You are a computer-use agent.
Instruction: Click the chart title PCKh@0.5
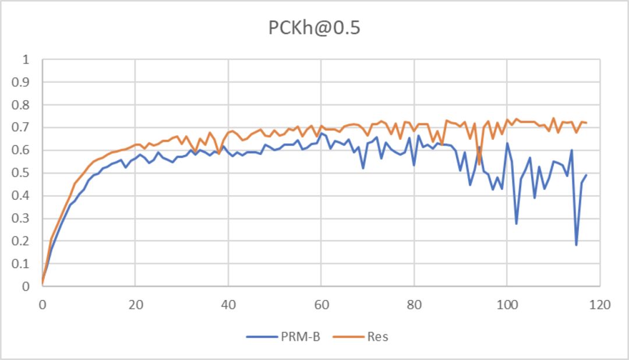coord(314,29)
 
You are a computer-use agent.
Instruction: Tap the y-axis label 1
coord(25,59)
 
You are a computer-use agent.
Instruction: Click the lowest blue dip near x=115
coord(577,245)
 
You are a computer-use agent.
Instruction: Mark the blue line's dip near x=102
coord(516,223)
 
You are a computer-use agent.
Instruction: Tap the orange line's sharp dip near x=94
coord(479,164)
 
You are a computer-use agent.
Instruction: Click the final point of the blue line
coord(586,175)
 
